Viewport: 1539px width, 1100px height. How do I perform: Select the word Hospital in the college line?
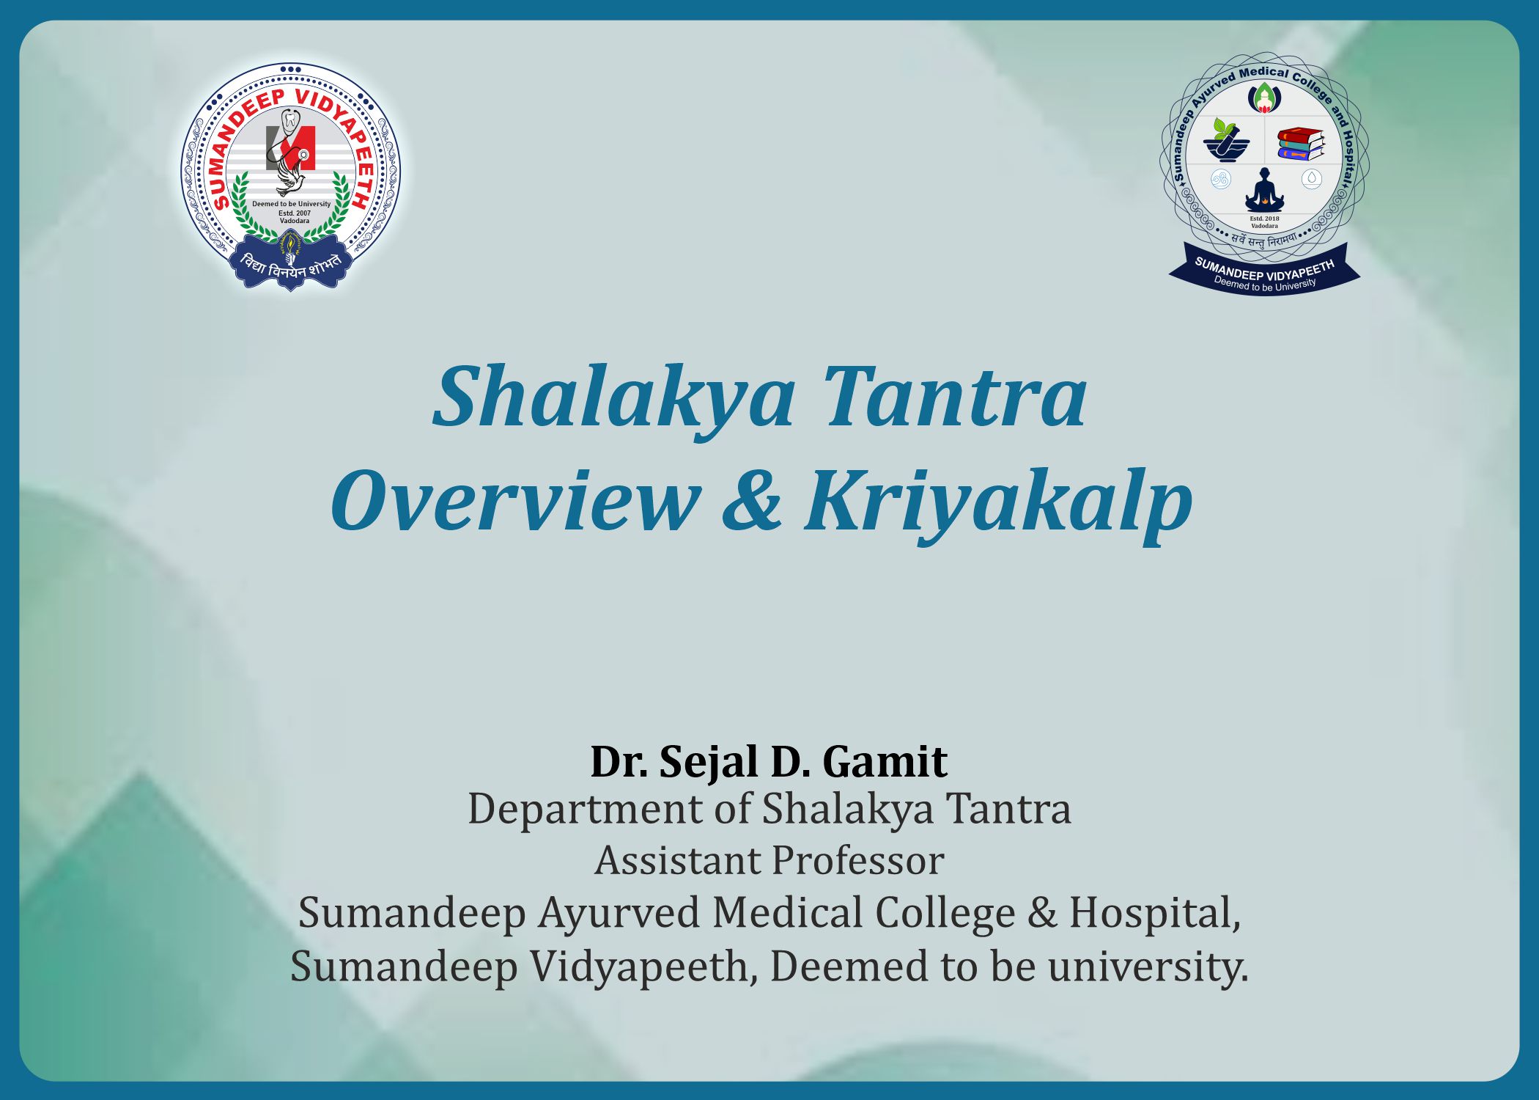coord(1154,913)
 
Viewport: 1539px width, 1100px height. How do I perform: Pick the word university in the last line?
coord(1147,967)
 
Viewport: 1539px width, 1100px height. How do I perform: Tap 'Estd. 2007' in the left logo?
coord(295,213)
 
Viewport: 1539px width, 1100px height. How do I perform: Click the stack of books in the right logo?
coord(1301,144)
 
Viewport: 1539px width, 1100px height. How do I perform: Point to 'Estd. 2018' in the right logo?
coord(1264,219)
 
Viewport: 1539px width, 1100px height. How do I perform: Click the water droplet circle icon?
coord(1311,178)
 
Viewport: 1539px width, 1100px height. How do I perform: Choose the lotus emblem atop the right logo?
coord(1264,97)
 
